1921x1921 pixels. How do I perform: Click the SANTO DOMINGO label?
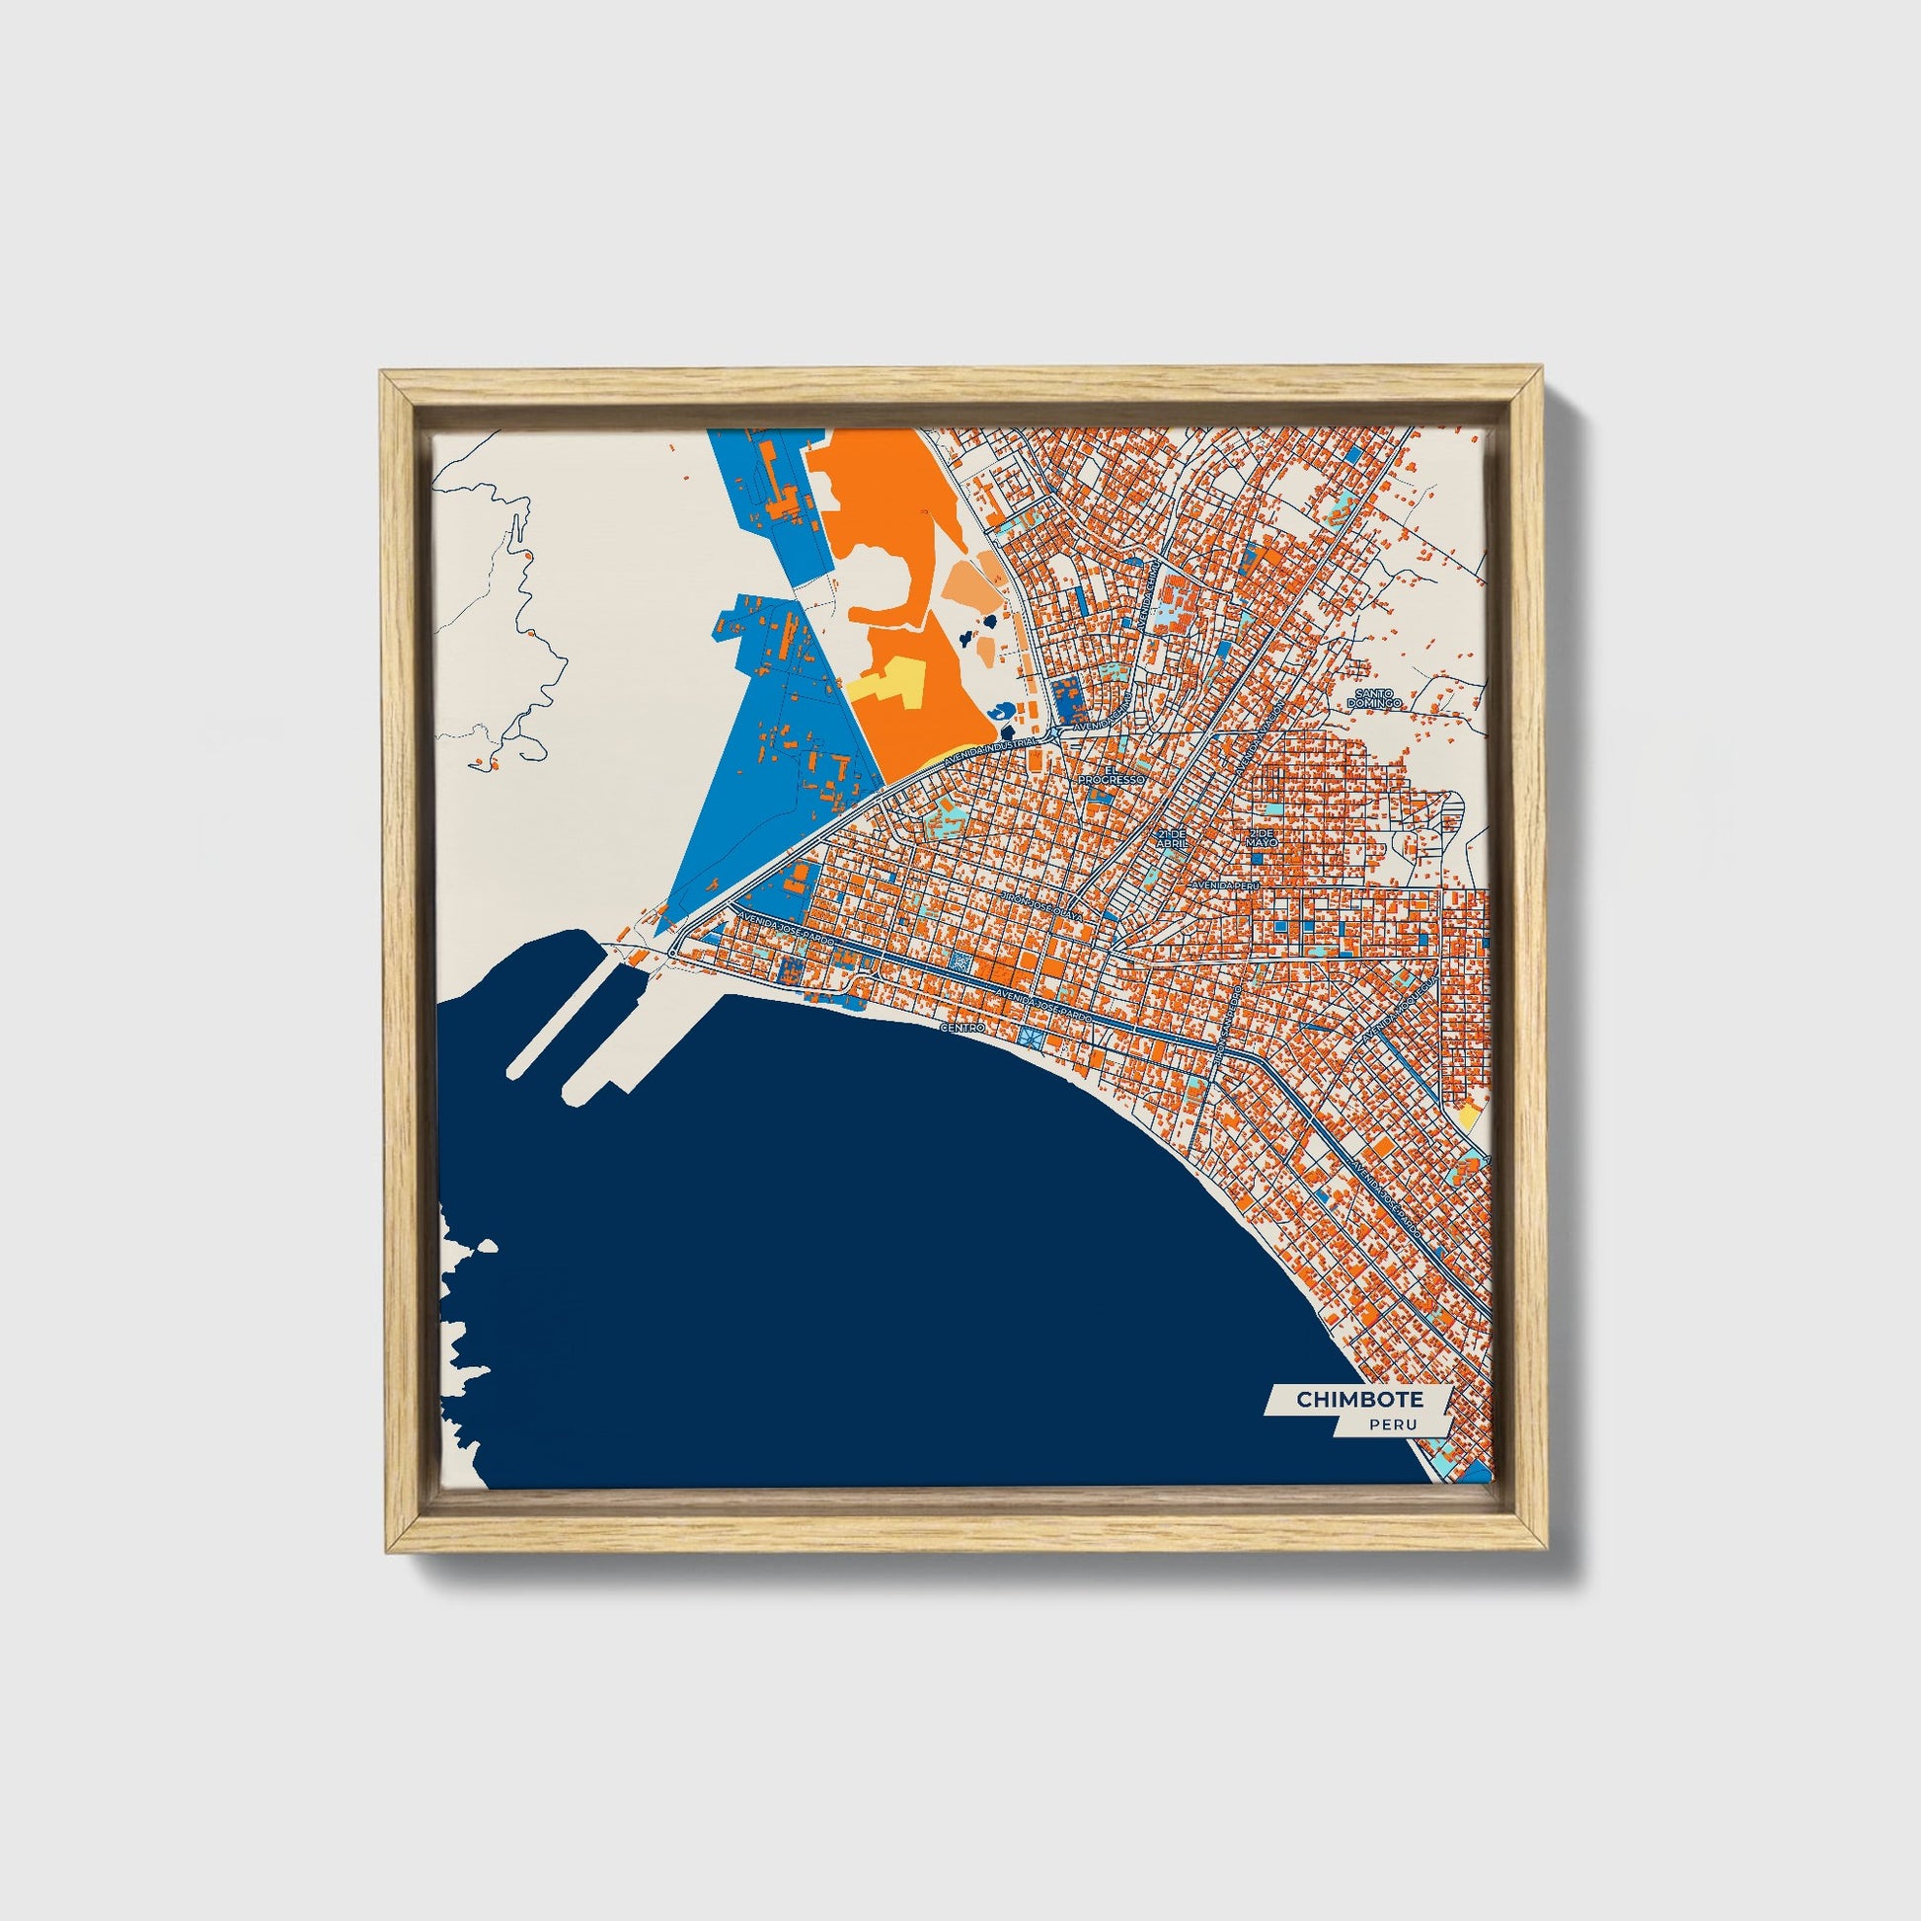coord(1373,697)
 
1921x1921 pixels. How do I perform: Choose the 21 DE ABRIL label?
coord(1173,837)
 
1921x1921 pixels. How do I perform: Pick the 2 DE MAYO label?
coord(1262,837)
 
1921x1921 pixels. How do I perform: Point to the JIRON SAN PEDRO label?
coord(1228,1024)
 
